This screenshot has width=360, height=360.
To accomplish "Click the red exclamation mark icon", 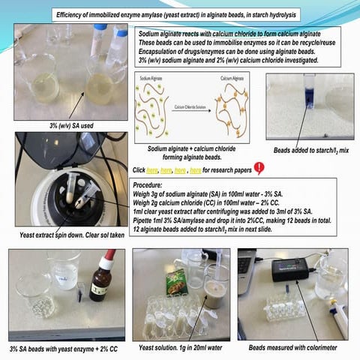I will coord(259,168).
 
